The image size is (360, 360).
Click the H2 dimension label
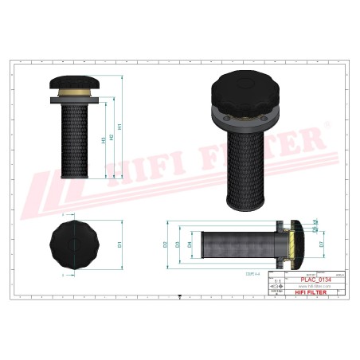111,136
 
